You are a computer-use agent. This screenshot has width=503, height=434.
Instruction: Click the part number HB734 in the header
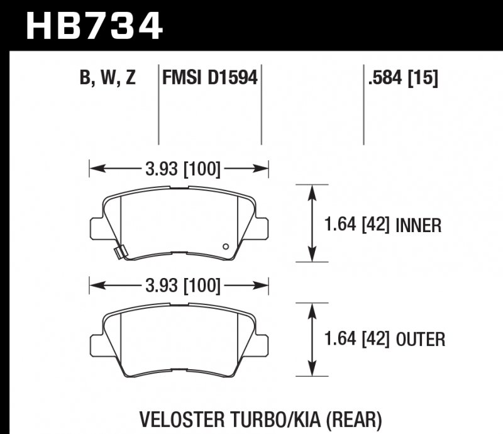94,26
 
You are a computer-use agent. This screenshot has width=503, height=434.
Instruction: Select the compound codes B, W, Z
108,79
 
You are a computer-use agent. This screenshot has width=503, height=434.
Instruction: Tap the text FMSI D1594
210,79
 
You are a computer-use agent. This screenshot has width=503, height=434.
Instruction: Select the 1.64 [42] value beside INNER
358,225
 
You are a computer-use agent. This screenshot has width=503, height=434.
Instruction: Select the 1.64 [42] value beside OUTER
358,340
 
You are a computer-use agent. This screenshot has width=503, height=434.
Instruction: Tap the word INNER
419,225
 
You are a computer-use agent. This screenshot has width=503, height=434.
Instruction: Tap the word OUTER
421,340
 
